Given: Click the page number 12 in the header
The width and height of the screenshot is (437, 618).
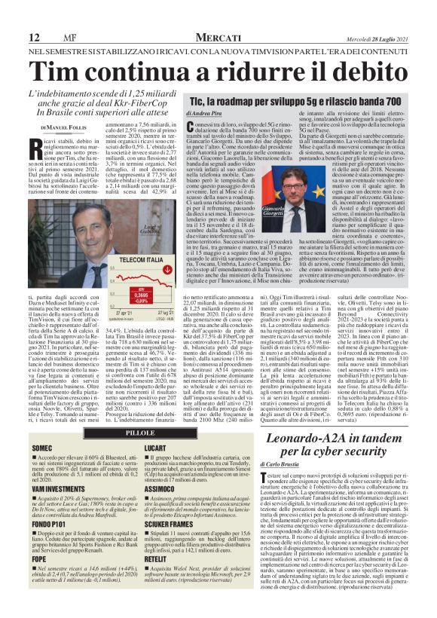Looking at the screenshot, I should click(x=34, y=37).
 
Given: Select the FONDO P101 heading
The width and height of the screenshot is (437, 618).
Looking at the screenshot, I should click(x=48, y=522).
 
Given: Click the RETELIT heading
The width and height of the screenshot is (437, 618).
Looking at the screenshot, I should click(x=157, y=560).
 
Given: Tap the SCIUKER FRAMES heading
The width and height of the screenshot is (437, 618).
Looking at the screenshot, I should click(x=169, y=522).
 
